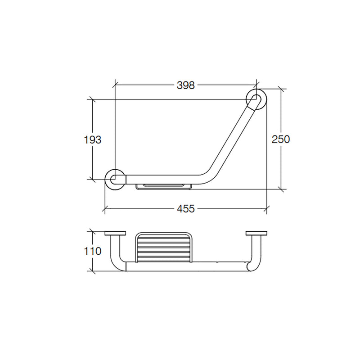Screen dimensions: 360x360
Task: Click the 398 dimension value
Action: (185, 85)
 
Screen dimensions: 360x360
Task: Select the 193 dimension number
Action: (93, 139)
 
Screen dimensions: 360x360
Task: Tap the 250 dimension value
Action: (280, 139)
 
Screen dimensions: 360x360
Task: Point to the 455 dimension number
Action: (186, 209)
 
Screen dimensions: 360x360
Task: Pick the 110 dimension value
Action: (93, 251)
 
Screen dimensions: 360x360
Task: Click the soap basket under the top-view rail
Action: (164, 187)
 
